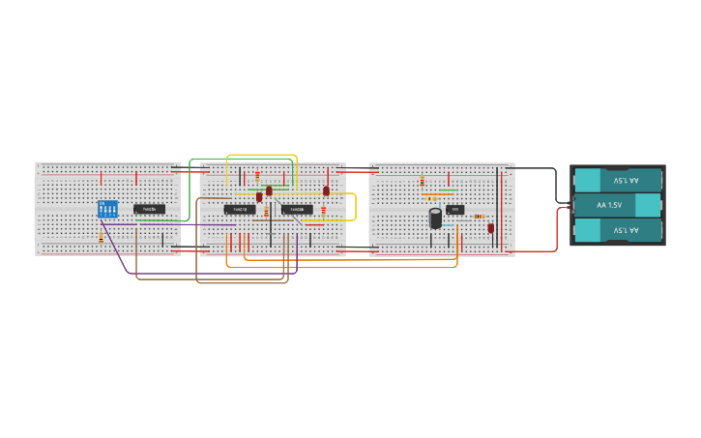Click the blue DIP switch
(x=107, y=209)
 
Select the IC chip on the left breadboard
(x=149, y=209)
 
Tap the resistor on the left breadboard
(x=102, y=236)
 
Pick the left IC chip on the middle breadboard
(x=240, y=209)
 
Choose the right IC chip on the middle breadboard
(x=297, y=209)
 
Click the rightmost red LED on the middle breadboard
(x=326, y=191)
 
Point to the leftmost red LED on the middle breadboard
(x=259, y=196)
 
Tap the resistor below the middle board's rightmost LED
(x=323, y=211)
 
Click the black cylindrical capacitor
(x=436, y=218)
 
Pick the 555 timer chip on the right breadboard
(x=455, y=209)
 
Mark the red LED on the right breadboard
(x=491, y=228)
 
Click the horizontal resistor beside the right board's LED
(x=479, y=216)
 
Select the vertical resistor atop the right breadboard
(x=423, y=181)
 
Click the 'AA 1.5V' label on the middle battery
(x=609, y=205)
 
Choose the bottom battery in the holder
(x=619, y=230)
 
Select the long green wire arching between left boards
(x=242, y=160)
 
